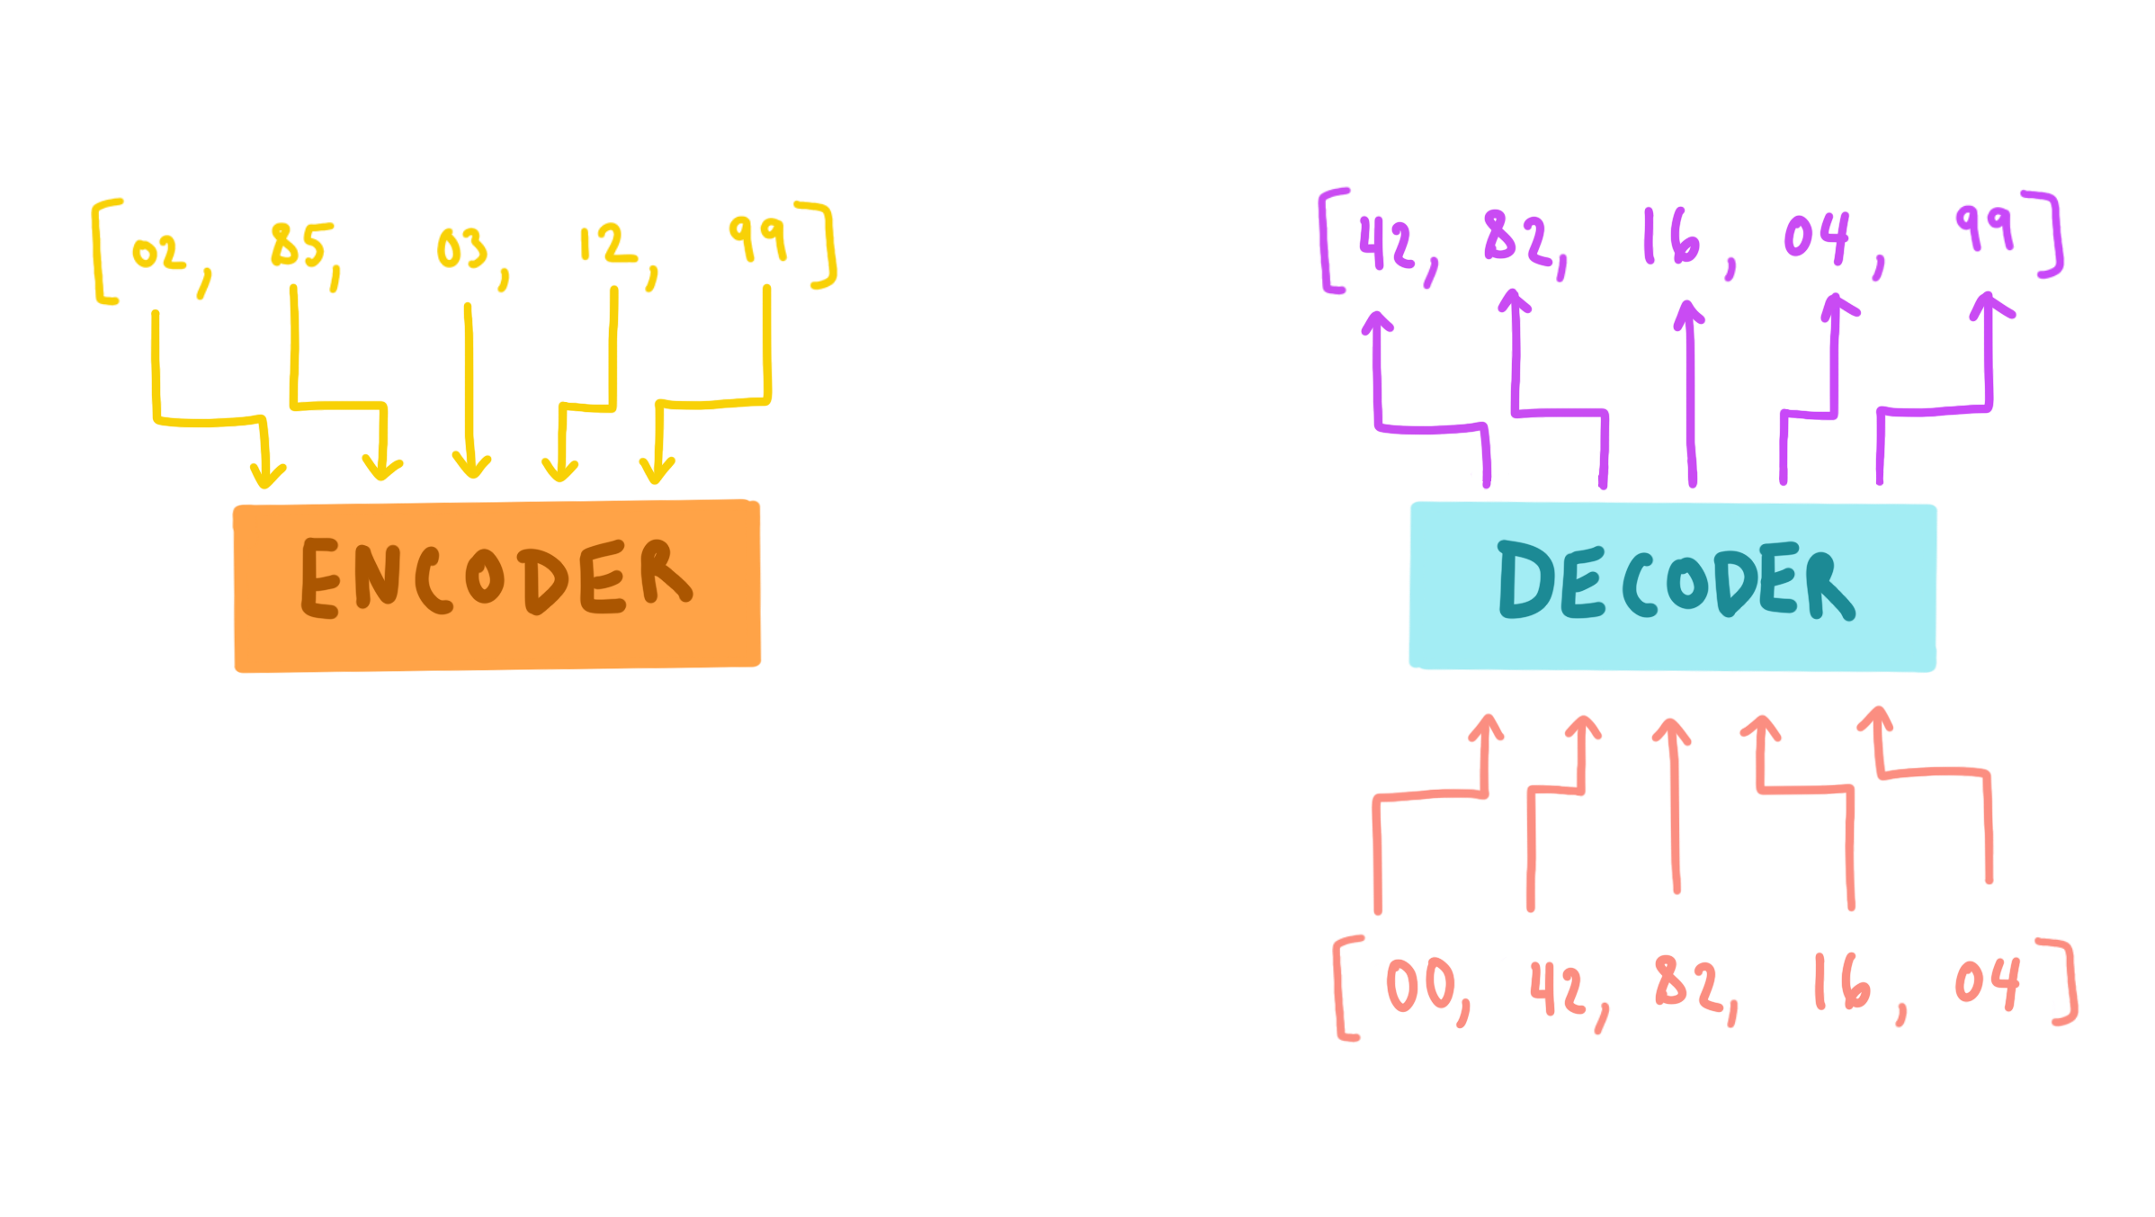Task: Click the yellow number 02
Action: [159, 253]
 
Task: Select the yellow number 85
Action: [301, 245]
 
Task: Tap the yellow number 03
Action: [461, 248]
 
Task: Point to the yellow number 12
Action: [606, 243]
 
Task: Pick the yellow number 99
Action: [757, 237]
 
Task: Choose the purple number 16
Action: [1671, 237]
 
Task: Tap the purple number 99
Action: [1984, 228]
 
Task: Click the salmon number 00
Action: [1420, 985]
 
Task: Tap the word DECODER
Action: [1675, 581]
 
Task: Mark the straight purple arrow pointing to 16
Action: [1691, 394]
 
